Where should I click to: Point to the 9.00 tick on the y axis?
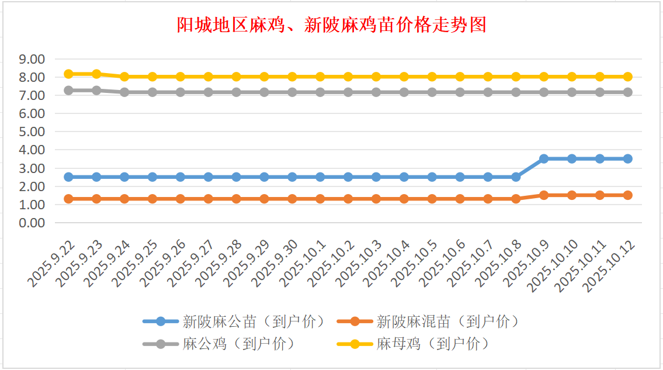[x=32, y=59]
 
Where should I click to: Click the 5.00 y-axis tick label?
[x=32, y=132]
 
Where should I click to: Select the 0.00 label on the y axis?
[x=32, y=223]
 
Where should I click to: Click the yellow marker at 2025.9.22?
[x=68, y=74]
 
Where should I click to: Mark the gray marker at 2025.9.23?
[x=96, y=91]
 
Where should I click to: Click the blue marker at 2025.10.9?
[x=544, y=158]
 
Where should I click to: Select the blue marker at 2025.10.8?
[x=516, y=177]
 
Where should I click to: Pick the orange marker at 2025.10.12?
[x=628, y=195]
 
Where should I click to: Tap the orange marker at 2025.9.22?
[x=68, y=199]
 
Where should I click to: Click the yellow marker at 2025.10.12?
[x=628, y=77]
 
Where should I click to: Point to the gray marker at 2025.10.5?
[x=432, y=92]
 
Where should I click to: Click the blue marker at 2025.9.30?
[x=292, y=177]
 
